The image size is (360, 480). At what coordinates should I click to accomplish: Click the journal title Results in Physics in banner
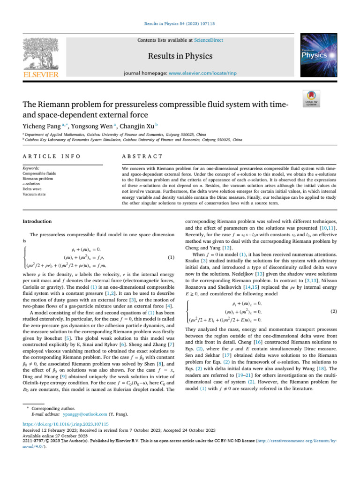point(180,56)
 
